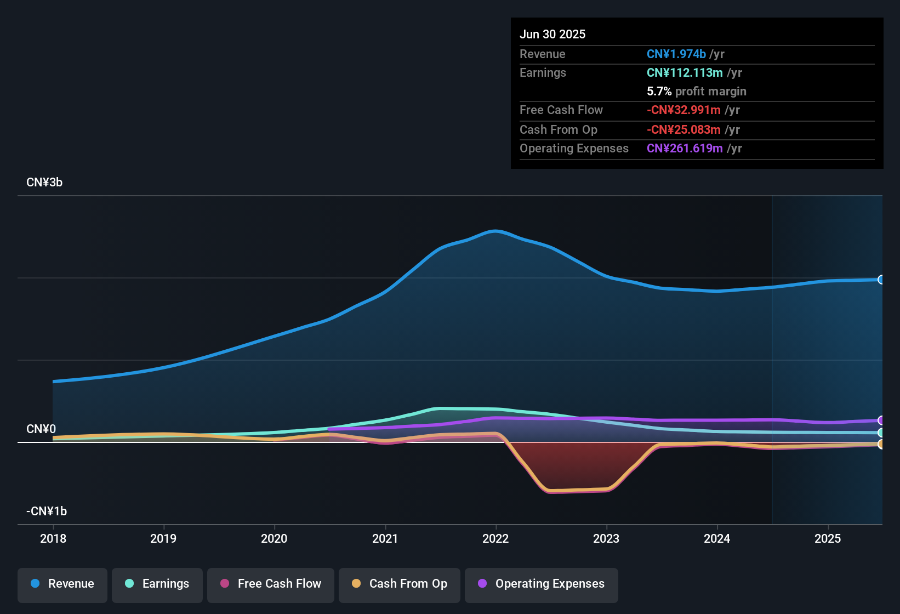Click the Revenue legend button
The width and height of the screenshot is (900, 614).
pos(62,584)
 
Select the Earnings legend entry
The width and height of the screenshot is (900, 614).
pos(157,584)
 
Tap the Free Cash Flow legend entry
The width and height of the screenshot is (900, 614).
pos(271,584)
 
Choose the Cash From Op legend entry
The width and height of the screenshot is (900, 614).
pos(400,584)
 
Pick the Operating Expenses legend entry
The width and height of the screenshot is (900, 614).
pos(542,584)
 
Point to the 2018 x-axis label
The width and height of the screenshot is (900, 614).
pos(53,538)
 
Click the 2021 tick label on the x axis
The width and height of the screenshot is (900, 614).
pos(385,538)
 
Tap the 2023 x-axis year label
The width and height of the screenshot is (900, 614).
pos(606,538)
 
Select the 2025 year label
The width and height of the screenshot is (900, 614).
pos(828,538)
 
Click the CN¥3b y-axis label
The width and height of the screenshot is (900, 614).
pos(44,183)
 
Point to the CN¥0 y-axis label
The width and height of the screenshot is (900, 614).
pos(41,429)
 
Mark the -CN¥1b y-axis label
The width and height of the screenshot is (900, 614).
pos(47,511)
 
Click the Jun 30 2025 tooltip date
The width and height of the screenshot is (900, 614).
pos(552,34)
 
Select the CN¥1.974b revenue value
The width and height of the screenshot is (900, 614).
pos(676,54)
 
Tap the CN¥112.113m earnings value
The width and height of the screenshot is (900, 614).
pos(685,72)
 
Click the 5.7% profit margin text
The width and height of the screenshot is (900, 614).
pos(696,91)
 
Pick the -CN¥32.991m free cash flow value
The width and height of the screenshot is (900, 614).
pos(683,110)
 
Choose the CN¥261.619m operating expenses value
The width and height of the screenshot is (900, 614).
pos(685,148)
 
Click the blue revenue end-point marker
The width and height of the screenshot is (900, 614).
pos(881,280)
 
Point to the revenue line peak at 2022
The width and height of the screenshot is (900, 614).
pos(495,231)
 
